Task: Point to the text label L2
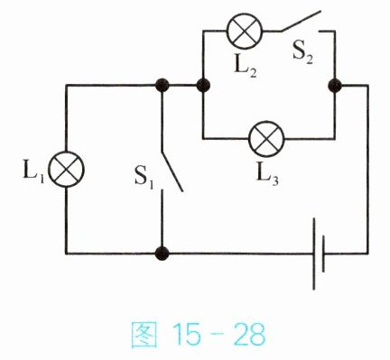(246, 69)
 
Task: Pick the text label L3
(267, 176)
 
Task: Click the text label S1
(144, 179)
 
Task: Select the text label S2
(302, 54)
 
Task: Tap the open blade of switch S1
(172, 171)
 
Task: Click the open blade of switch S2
(301, 21)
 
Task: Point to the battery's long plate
(314, 254)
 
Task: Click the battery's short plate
(323, 254)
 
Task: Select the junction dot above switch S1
(162, 85)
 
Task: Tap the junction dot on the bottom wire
(162, 254)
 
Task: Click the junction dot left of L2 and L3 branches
(203, 85)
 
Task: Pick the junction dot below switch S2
(335, 86)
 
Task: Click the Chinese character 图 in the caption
(144, 335)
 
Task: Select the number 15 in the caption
(186, 334)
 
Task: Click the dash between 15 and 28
(217, 335)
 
